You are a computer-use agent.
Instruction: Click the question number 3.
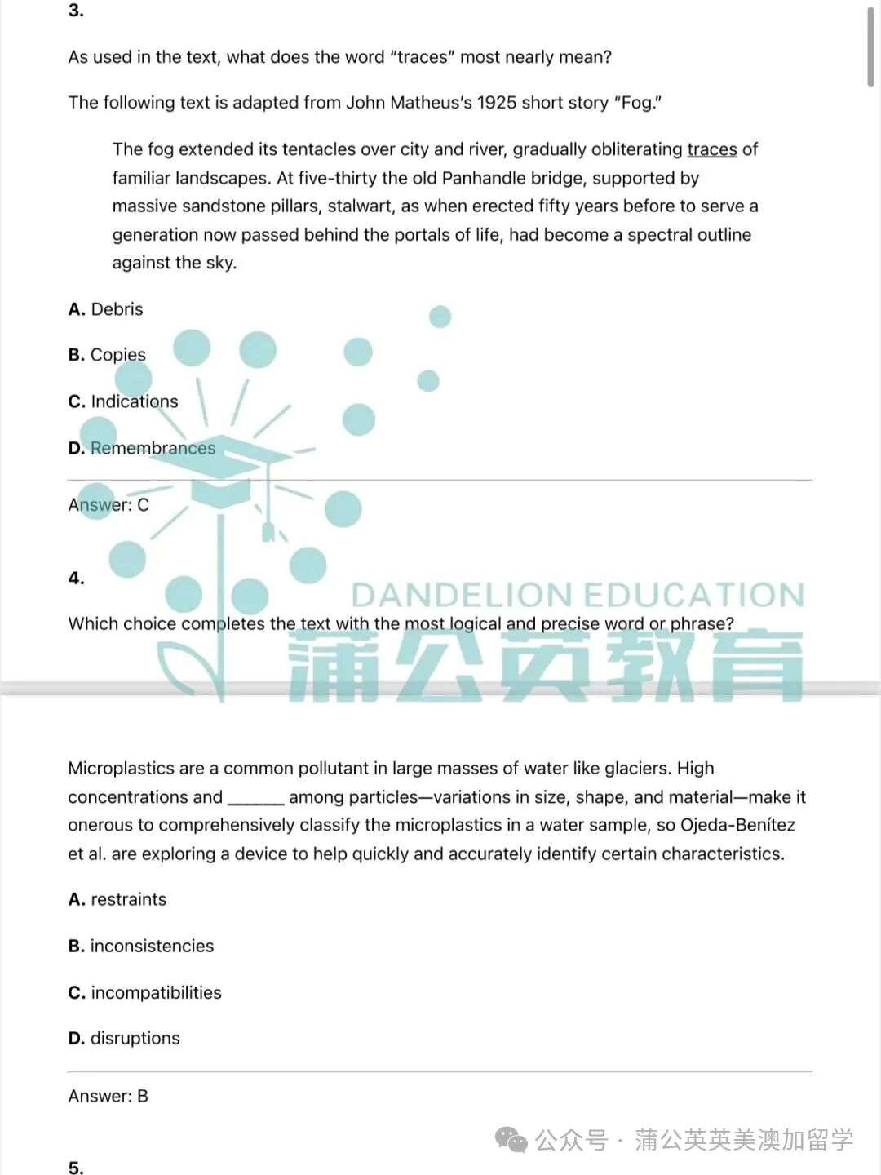tap(76, 11)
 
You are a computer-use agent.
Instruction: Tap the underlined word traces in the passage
tap(711, 149)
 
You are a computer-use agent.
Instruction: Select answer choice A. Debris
tap(106, 309)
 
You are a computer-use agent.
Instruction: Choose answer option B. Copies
tap(107, 355)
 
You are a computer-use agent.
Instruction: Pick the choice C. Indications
tap(123, 401)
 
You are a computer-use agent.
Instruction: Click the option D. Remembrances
tap(142, 448)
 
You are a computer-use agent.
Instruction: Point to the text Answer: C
tap(108, 505)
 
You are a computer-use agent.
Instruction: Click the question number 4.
tap(76, 579)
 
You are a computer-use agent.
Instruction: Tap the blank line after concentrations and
tap(255, 798)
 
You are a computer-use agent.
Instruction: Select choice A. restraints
tap(117, 899)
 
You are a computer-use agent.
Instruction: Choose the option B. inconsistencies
tap(141, 946)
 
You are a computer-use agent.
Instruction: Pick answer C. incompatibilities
tap(145, 992)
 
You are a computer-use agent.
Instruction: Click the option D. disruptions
tap(124, 1038)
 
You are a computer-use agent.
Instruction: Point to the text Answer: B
tap(108, 1096)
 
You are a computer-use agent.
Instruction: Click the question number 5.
tap(76, 1168)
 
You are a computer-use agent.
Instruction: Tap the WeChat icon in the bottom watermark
tap(512, 1139)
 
